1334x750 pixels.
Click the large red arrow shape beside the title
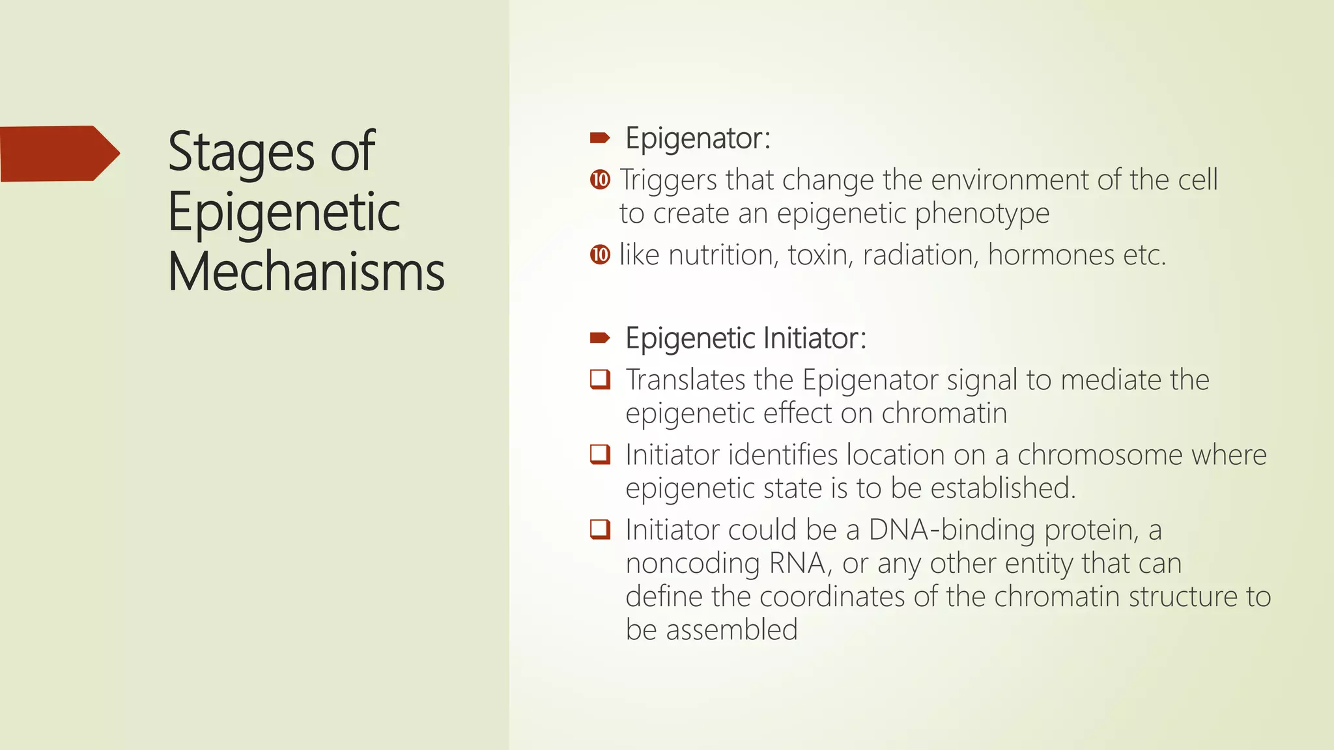[59, 154]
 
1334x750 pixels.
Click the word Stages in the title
[241, 152]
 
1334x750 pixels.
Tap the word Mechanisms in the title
[306, 272]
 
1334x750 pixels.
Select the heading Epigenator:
[698, 139]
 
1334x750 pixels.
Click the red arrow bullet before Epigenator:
[599, 138]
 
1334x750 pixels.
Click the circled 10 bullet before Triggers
[600, 180]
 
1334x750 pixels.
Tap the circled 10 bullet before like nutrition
[600, 255]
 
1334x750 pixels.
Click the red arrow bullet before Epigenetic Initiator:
[599, 338]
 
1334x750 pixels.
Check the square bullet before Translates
[600, 379]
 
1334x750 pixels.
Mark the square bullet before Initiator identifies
[600, 454]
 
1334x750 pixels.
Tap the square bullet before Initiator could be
[600, 529]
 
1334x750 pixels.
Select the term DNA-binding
[952, 530]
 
